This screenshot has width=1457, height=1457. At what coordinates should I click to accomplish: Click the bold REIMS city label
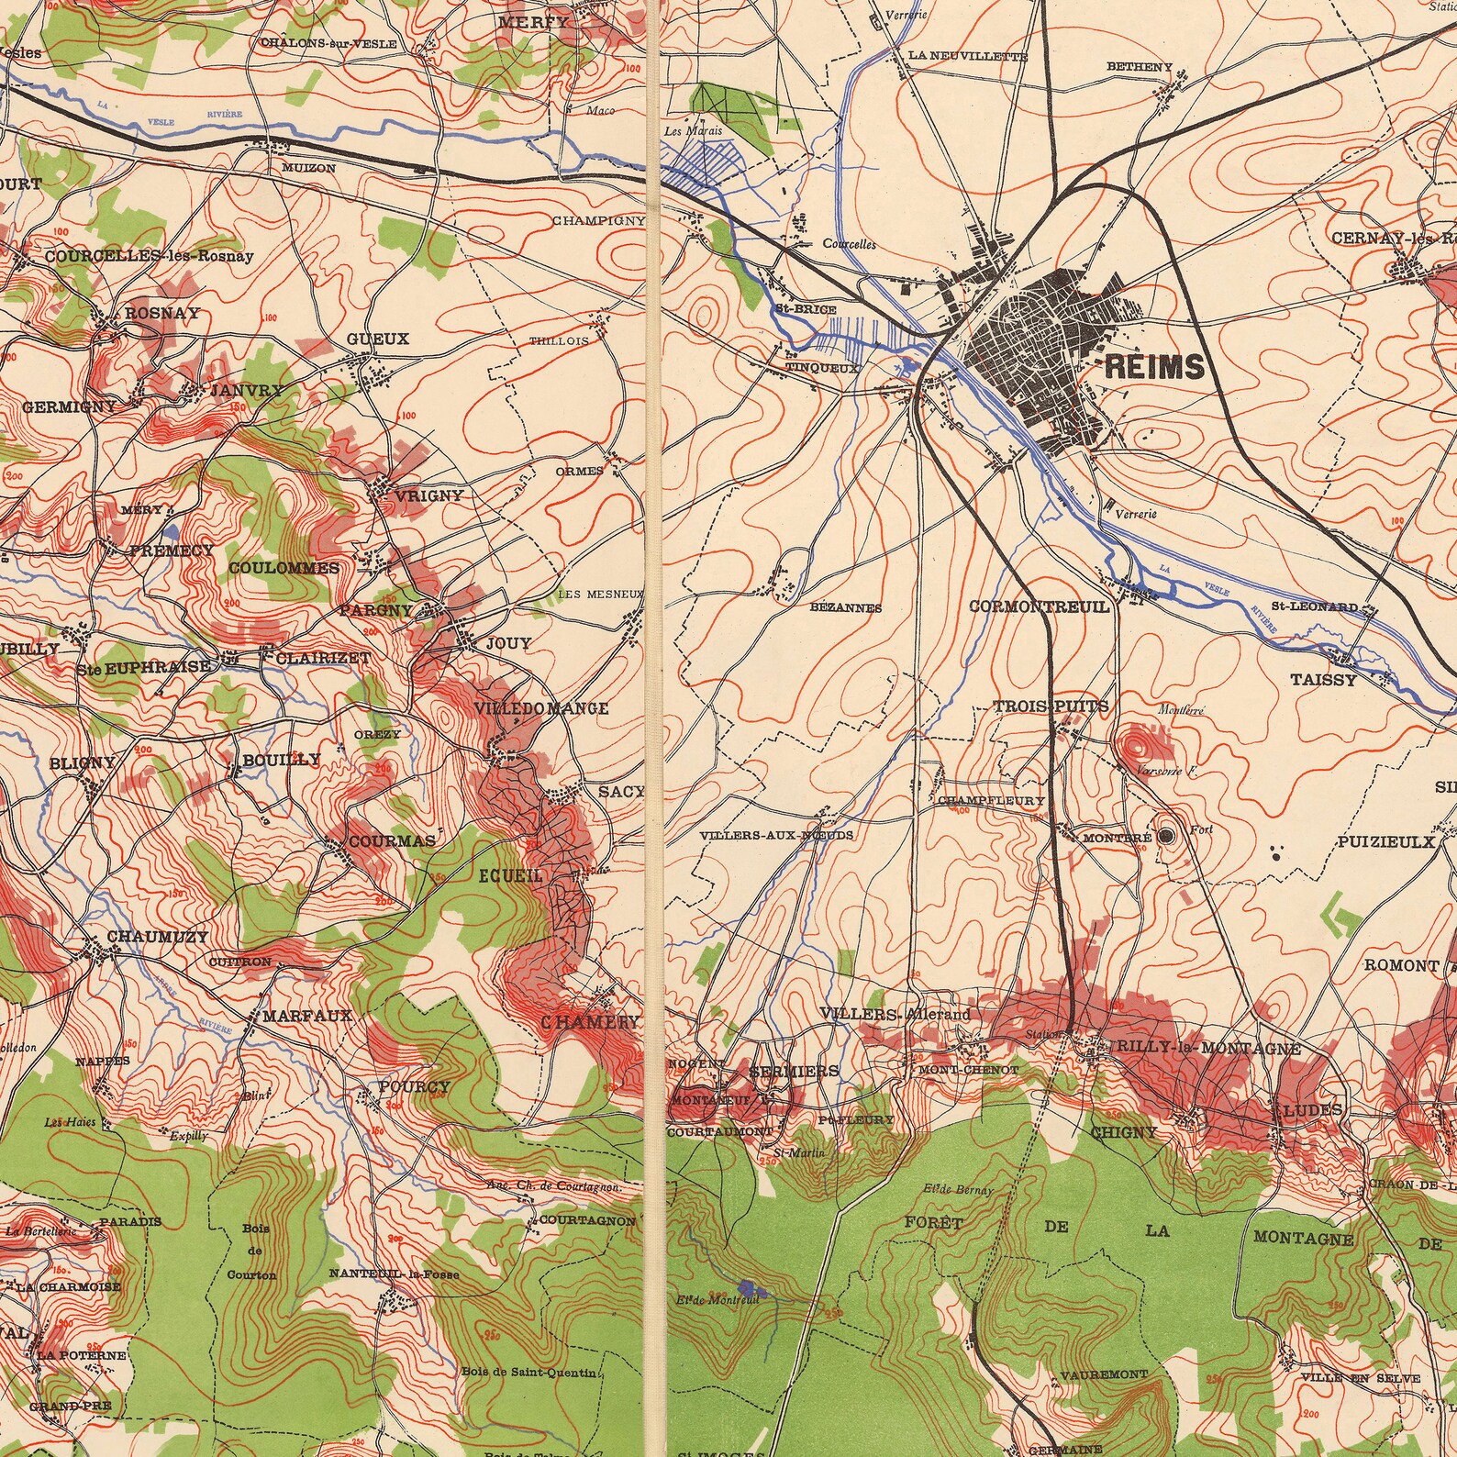pyautogui.click(x=1154, y=367)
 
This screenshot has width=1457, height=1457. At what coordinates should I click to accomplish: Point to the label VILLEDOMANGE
pyautogui.click(x=541, y=708)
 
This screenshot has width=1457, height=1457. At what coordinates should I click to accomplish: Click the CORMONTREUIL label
pyautogui.click(x=1040, y=606)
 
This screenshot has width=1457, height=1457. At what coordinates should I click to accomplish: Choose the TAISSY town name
pyautogui.click(x=1323, y=680)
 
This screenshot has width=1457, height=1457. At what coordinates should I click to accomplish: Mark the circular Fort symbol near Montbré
pyautogui.click(x=1166, y=835)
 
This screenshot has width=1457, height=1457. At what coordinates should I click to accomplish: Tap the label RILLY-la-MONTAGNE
pyautogui.click(x=1204, y=1048)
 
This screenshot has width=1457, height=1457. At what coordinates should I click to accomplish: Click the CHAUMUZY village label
pyautogui.click(x=158, y=936)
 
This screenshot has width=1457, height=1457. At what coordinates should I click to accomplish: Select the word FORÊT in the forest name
pyautogui.click(x=933, y=1222)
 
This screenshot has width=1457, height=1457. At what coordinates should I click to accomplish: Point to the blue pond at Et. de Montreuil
pyautogui.click(x=744, y=1288)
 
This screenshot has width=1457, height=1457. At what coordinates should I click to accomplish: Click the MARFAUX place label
pyautogui.click(x=306, y=1016)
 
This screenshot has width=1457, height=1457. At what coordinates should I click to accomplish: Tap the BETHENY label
pyautogui.click(x=1140, y=67)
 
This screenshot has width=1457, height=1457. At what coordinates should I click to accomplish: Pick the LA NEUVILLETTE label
pyautogui.click(x=967, y=56)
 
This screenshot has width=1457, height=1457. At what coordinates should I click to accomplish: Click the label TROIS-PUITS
pyautogui.click(x=1051, y=706)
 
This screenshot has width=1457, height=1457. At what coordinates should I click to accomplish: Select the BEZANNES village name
pyautogui.click(x=846, y=607)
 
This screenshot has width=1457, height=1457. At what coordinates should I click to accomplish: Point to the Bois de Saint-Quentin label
pyautogui.click(x=529, y=1373)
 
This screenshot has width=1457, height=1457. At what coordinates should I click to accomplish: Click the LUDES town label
pyautogui.click(x=1312, y=1109)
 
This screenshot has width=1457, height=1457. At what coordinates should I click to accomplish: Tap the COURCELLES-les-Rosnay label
pyautogui.click(x=149, y=256)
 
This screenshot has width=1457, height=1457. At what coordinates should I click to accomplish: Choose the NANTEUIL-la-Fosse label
pyautogui.click(x=395, y=1273)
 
